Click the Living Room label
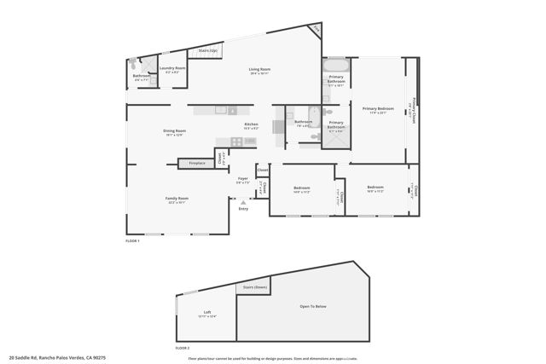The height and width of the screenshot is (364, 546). [x=259, y=68]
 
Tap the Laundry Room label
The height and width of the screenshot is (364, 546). [x=173, y=68]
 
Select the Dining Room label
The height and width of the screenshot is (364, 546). [x=174, y=130]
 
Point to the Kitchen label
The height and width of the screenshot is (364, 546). [x=251, y=124]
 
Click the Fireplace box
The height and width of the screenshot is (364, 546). [x=197, y=163]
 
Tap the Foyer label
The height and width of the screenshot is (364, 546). [x=242, y=178]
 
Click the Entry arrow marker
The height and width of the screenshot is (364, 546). [x=243, y=202]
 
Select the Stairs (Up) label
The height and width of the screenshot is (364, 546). [x=206, y=50]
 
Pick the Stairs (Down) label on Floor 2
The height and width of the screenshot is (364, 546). [x=253, y=287]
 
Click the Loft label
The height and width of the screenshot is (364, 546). [x=206, y=312]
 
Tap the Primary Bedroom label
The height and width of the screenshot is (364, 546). [x=378, y=108]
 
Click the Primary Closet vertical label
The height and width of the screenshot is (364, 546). [x=414, y=109]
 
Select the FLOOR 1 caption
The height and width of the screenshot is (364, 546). [x=132, y=241]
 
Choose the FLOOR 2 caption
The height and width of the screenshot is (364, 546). [x=183, y=348]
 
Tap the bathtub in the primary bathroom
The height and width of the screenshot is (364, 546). [x=334, y=65]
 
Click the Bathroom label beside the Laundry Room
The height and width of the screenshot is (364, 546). [x=142, y=76]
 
